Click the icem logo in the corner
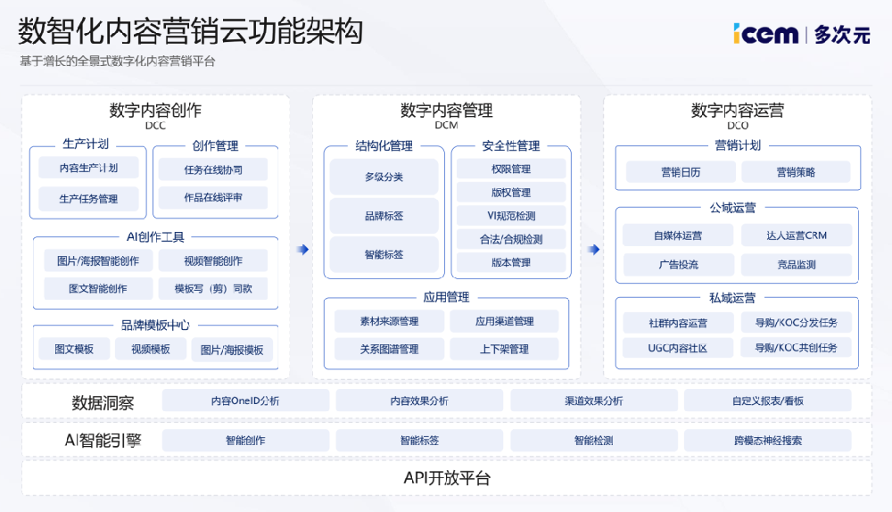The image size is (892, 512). tap(766, 34)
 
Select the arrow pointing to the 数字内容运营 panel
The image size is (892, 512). tap(593, 250)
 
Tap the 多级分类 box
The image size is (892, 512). tap(384, 177)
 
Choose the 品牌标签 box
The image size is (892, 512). tap(384, 216)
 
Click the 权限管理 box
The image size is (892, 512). tap(510, 169)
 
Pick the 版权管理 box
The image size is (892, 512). tap(510, 192)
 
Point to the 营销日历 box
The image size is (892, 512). tap(680, 172)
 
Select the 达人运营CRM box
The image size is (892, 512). tap(796, 235)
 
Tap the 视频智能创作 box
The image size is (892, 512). tap(212, 260)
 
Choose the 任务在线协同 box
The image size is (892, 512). tap(212, 169)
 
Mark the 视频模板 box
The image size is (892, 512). tap(150, 349)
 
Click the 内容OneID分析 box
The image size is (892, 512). tap(245, 401)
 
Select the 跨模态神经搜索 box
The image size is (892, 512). tap(767, 440)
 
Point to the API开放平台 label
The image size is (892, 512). tap(447, 478)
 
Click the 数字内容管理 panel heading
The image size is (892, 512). tap(446, 111)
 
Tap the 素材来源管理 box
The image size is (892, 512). tap(389, 321)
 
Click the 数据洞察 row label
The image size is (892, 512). tap(103, 403)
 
